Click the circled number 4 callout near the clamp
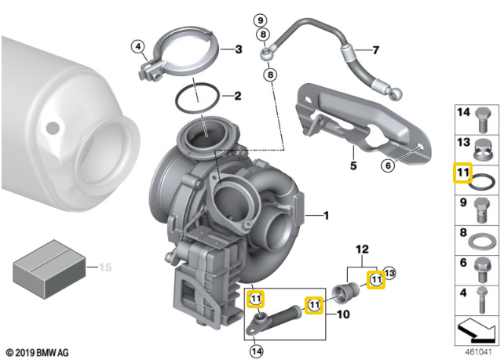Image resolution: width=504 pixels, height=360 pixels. coord(138,47)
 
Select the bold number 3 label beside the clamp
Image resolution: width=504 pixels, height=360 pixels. coord(238,49)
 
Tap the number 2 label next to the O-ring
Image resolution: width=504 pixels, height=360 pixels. coord(238,96)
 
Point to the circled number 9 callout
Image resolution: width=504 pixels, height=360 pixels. coord(261,20)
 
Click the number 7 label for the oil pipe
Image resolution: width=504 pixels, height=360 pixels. coord(376,50)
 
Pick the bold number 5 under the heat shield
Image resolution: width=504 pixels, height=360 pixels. coord(353,165)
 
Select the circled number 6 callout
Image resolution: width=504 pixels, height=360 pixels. coord(388,165)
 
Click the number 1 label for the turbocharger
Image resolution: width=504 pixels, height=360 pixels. coord(327,216)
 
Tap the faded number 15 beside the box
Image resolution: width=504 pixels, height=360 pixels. coord(105,267)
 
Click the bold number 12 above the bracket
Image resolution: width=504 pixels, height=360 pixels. coord(362,249)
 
